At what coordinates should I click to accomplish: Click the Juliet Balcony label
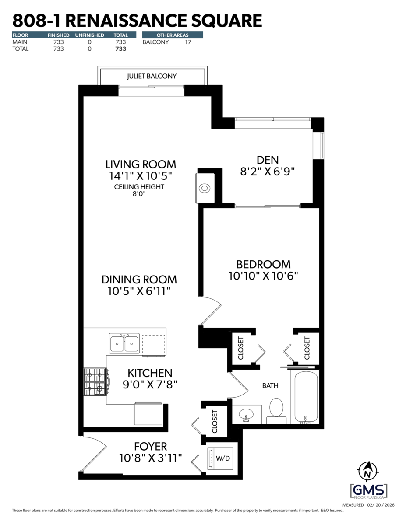tap(152, 76)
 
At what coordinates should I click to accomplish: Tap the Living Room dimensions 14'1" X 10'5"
tap(141, 176)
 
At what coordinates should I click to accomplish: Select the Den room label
tap(268, 160)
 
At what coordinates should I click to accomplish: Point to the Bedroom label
tap(263, 264)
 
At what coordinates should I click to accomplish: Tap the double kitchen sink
tap(124, 343)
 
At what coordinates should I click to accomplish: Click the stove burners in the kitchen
tap(95, 381)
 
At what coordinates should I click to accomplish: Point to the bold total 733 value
tap(120, 49)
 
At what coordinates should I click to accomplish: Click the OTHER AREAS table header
tap(172, 35)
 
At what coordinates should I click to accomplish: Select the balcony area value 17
tap(188, 42)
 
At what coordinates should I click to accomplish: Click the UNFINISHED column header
tap(89, 35)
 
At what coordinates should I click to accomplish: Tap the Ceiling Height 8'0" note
tap(139, 190)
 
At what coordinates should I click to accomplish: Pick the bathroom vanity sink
tap(246, 414)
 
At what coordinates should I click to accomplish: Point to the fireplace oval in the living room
tap(205, 189)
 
